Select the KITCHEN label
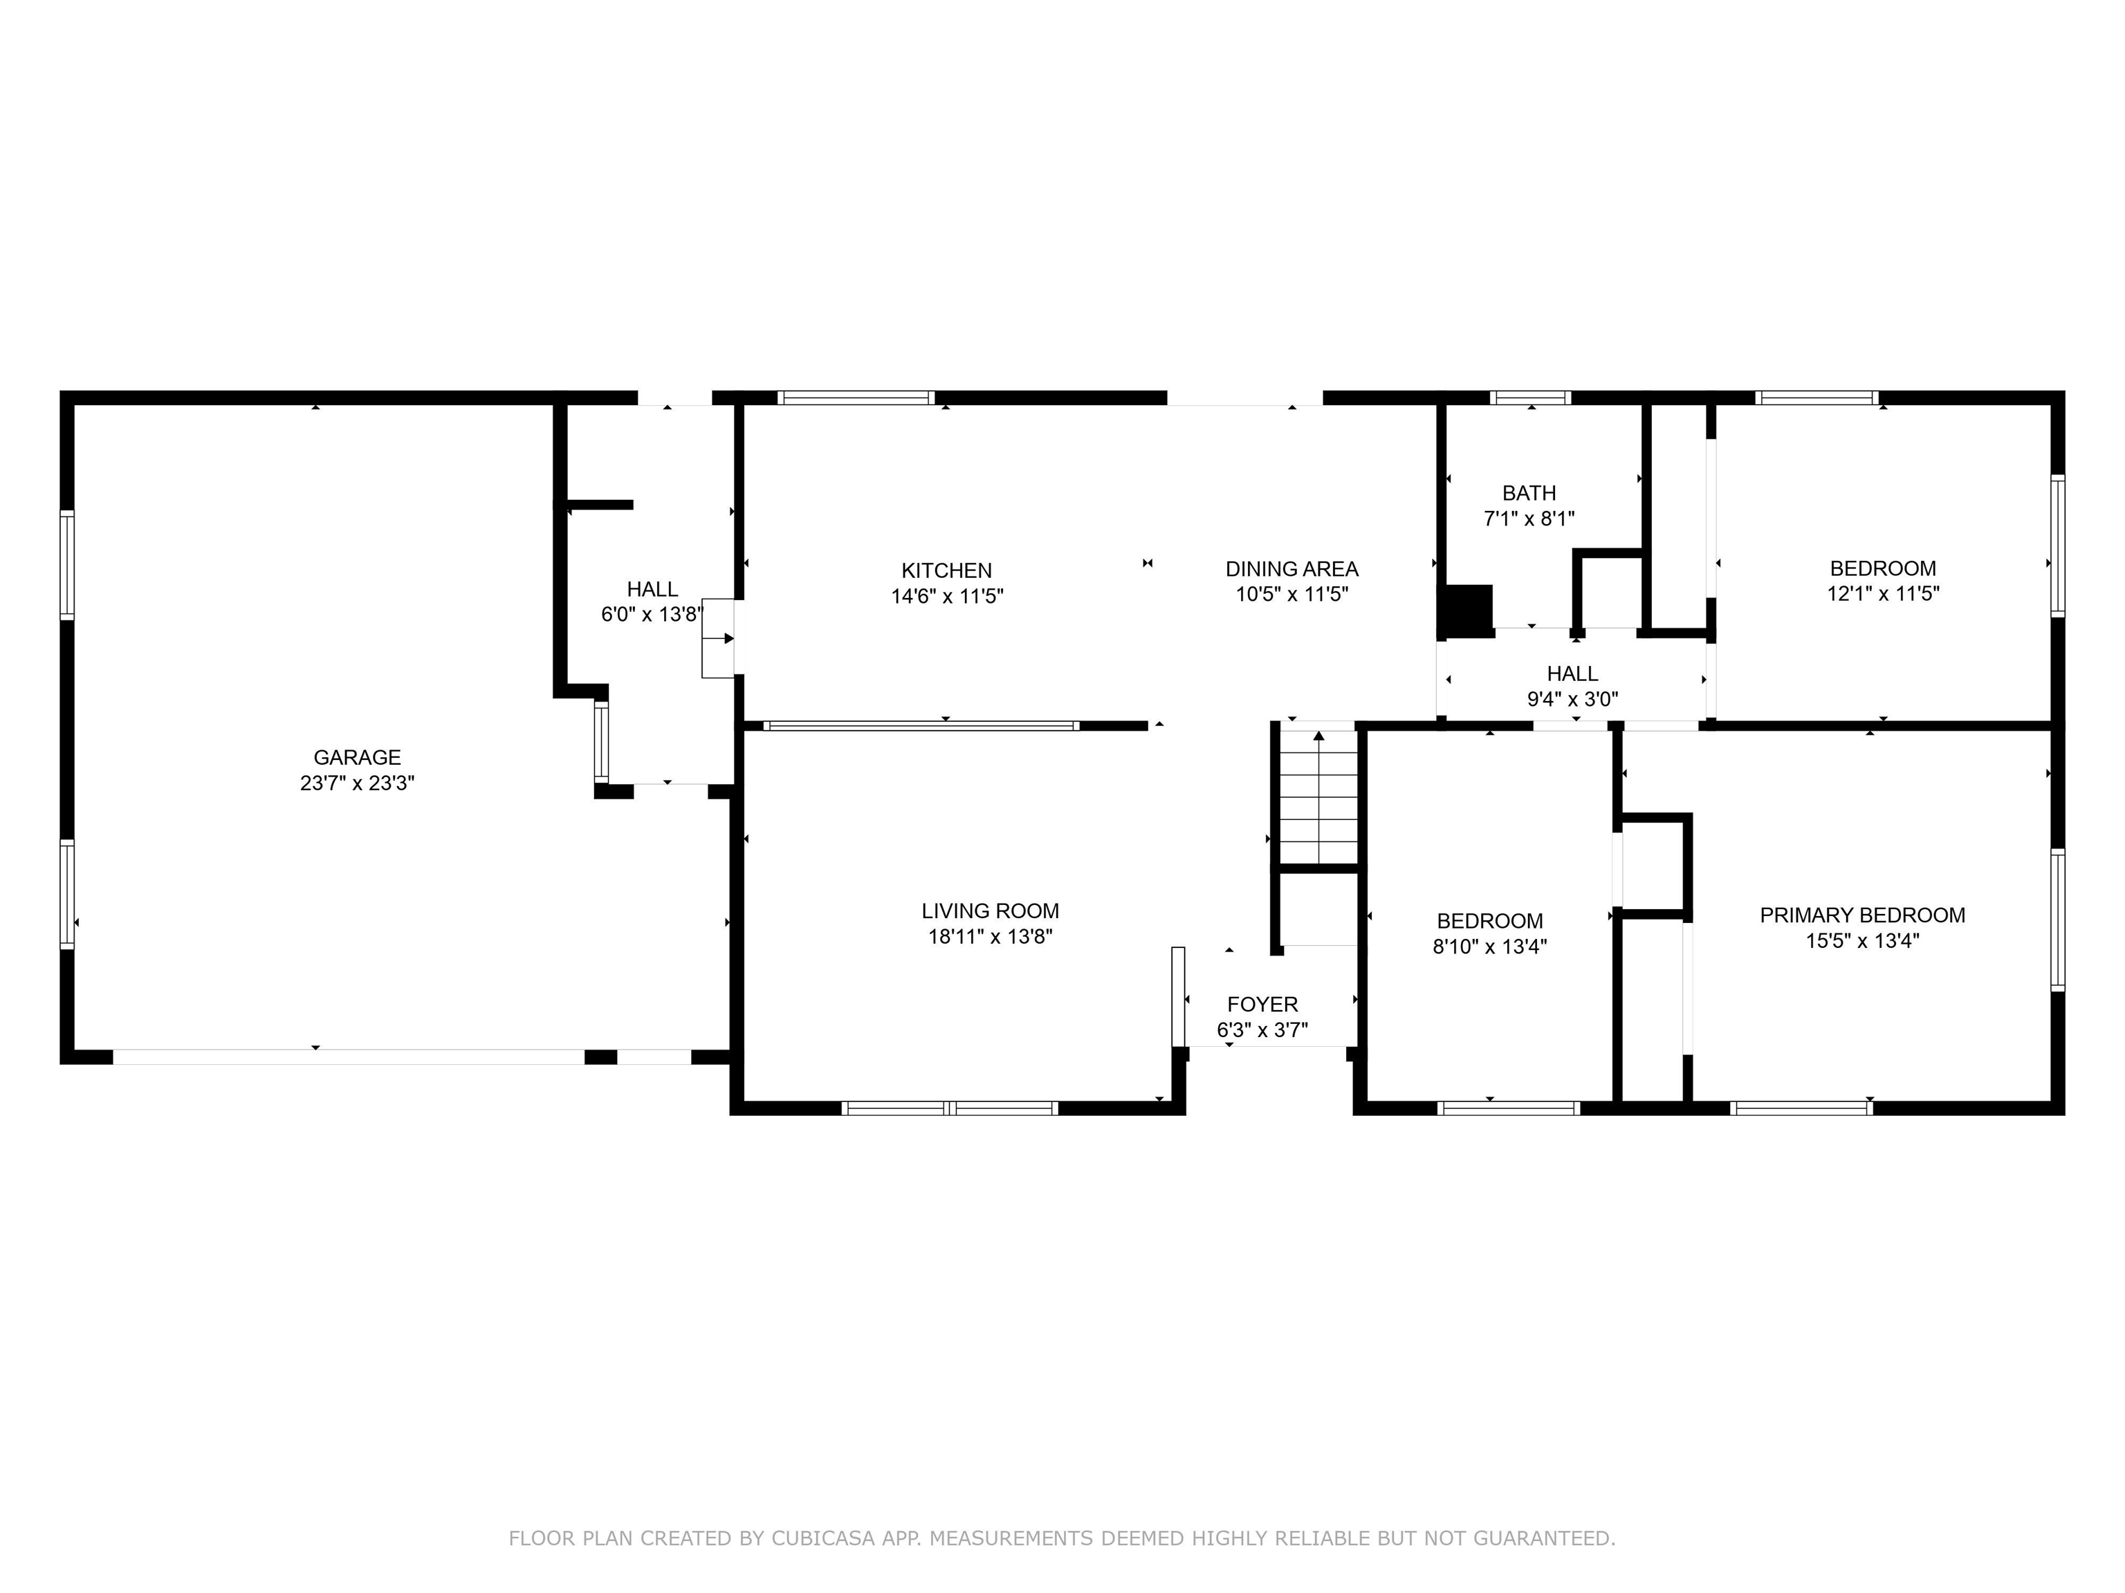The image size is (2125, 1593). click(x=946, y=570)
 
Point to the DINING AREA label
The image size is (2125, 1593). click(x=1291, y=568)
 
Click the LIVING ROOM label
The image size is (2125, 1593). click(x=989, y=911)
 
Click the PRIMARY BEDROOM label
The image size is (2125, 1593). click(x=1861, y=916)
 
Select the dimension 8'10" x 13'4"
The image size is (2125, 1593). click(x=1489, y=947)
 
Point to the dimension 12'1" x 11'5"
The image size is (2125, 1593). click(x=1882, y=593)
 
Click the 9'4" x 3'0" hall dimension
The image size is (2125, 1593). click(x=1572, y=699)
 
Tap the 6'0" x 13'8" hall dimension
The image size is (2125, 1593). click(x=652, y=615)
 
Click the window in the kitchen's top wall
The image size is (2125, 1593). click(x=856, y=398)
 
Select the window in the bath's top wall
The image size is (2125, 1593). click(x=1530, y=398)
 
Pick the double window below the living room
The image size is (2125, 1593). click(x=949, y=1108)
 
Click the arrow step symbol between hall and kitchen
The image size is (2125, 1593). click(x=719, y=637)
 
